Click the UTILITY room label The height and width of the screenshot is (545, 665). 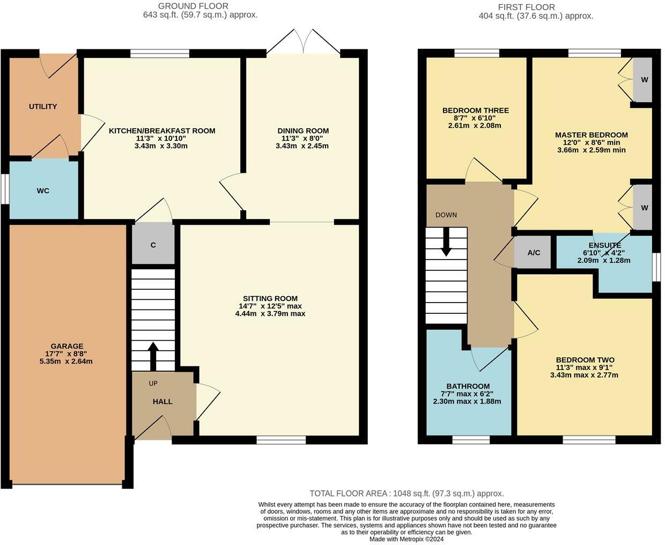coord(43,107)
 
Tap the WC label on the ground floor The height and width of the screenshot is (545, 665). coord(43,191)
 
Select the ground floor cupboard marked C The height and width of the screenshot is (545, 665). coord(153,243)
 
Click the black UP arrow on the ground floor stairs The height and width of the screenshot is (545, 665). coord(153,356)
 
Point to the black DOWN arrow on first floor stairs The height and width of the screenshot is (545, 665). coord(446,241)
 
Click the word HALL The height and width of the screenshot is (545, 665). coord(162,401)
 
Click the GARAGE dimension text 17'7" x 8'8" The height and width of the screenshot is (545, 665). coord(66,353)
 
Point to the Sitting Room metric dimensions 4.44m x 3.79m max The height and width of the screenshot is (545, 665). coord(270,313)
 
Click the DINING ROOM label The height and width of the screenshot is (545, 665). coord(303,130)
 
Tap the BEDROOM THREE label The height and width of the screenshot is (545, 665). coord(476,111)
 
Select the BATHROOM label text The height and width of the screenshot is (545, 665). coord(468,386)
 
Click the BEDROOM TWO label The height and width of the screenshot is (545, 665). coord(585,360)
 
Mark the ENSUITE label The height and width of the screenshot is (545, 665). coord(605,245)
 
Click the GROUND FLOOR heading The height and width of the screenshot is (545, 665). coord(193,6)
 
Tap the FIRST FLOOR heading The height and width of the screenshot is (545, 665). coord(526,8)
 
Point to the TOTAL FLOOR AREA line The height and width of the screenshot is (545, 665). coord(407,494)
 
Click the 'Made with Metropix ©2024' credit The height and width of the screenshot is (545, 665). coord(407,539)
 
